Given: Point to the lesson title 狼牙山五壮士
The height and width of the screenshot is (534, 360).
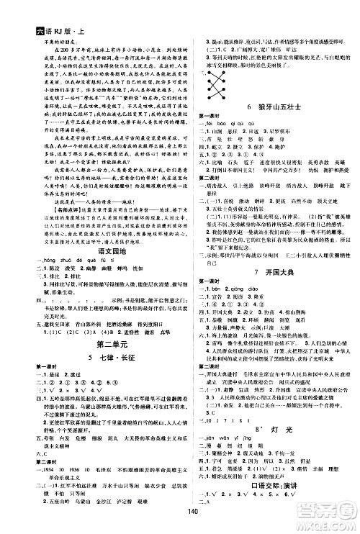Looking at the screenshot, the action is [x=271, y=106].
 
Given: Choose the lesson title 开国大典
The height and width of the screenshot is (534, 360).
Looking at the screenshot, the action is [x=271, y=273].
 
